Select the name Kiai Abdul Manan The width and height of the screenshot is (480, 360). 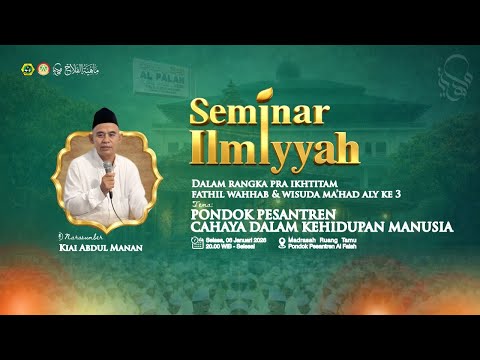pyautogui.click(x=102, y=248)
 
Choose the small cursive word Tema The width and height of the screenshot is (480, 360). pyautogui.click(x=201, y=203)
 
